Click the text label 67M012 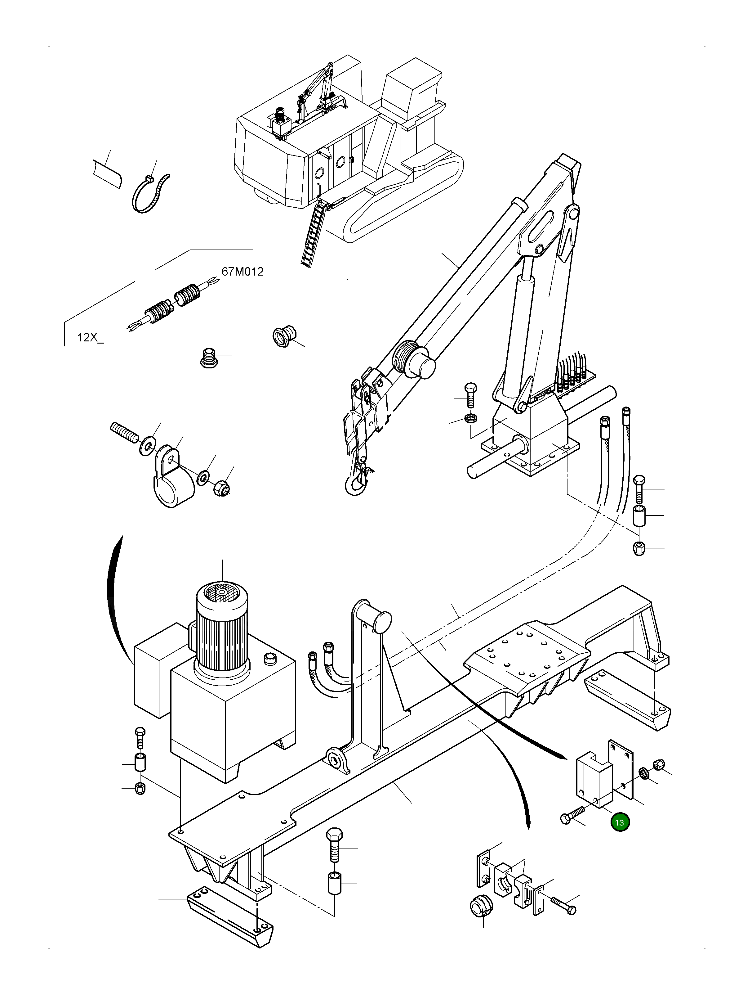242,272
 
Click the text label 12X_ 90,337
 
